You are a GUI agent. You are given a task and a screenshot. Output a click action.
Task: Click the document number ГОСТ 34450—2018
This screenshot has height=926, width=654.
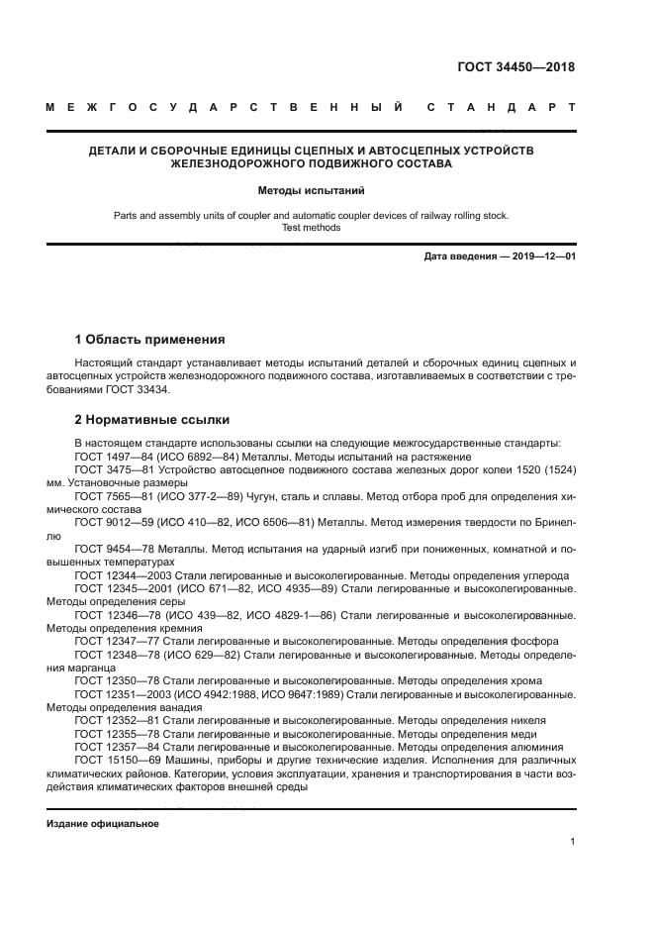[514, 67]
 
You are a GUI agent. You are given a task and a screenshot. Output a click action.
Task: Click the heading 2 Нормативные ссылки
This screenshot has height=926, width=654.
[144, 419]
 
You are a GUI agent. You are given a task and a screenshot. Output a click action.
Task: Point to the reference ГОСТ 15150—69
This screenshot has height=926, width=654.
[115, 748]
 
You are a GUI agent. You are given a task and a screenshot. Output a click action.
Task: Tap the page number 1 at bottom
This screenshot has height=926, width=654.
[573, 842]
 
